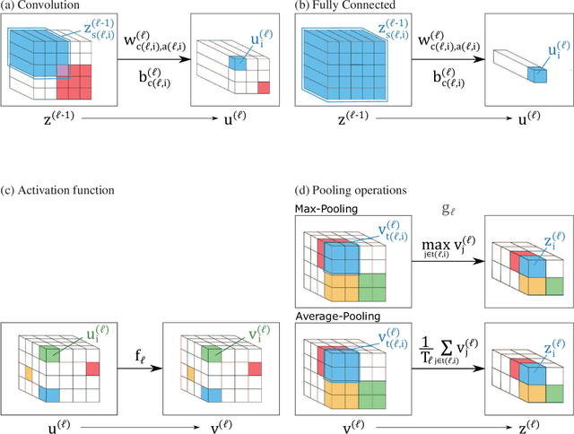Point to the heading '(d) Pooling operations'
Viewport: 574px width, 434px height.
[x=354, y=189]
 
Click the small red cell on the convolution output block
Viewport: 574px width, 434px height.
[x=262, y=87]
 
